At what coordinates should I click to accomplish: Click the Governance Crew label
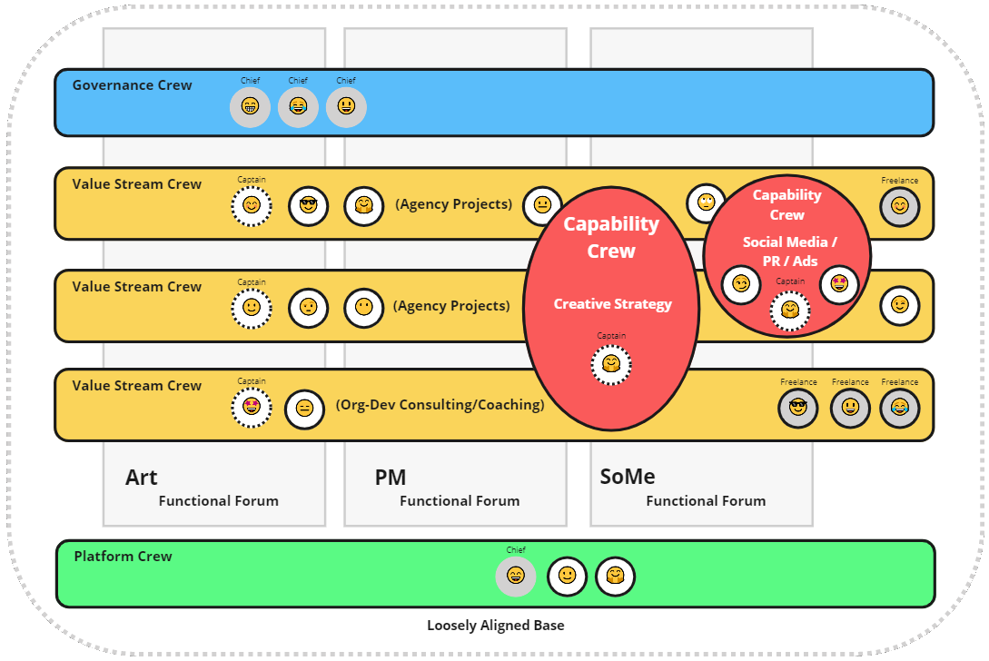tap(132, 85)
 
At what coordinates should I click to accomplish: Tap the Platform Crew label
tap(123, 557)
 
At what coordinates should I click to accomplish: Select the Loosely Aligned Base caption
tap(495, 626)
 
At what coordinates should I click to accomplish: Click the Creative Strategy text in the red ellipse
tap(613, 304)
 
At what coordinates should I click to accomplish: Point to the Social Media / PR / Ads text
tap(789, 252)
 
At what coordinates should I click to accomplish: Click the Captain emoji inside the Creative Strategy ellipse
tap(611, 365)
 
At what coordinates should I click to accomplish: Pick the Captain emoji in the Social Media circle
tap(790, 311)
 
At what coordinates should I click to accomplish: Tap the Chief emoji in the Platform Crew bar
tap(516, 576)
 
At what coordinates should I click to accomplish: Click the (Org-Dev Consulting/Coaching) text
tap(440, 405)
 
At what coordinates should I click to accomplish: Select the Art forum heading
tap(142, 478)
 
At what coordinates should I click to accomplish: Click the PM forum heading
tap(391, 478)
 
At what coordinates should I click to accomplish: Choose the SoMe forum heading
tap(628, 477)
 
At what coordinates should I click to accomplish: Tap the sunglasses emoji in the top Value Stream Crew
tap(308, 206)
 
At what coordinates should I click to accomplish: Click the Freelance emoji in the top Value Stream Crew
tap(899, 206)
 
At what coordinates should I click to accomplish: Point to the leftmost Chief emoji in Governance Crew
tap(250, 107)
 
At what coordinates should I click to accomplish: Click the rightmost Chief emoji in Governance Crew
tap(346, 107)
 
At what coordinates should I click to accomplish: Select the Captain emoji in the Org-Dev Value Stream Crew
tap(252, 407)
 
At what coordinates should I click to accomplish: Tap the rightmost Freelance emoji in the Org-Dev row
tap(899, 408)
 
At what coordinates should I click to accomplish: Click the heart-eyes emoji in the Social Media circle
tap(839, 284)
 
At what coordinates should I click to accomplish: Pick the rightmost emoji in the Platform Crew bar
tap(615, 576)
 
